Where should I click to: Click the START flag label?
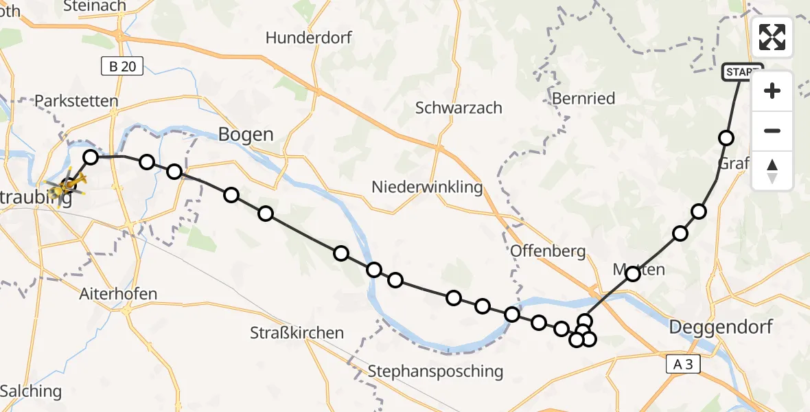click(x=742, y=72)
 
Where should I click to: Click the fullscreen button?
click(x=772, y=37)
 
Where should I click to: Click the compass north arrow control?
click(x=772, y=171)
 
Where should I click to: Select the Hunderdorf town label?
click(x=309, y=38)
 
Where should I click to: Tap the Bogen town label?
click(x=246, y=134)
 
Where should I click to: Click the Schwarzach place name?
click(x=459, y=108)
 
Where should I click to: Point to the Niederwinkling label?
click(x=427, y=187)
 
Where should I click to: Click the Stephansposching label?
click(x=435, y=371)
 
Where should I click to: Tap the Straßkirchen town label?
click(x=297, y=333)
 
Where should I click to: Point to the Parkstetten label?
click(x=76, y=101)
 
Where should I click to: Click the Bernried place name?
click(x=583, y=98)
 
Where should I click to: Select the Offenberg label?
click(x=548, y=251)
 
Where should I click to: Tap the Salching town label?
click(x=31, y=391)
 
